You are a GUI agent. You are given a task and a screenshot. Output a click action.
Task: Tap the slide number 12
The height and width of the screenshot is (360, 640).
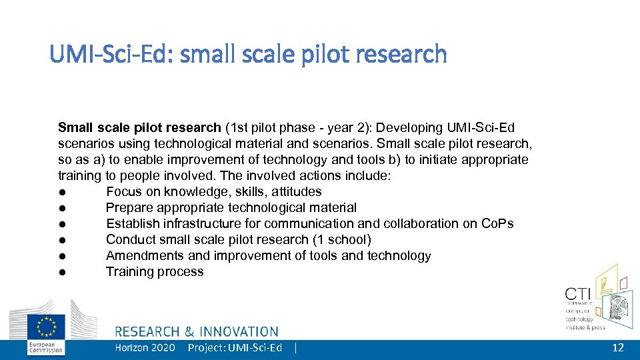point(618,348)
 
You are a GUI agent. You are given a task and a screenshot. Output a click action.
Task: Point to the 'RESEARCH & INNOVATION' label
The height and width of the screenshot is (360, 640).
point(197,331)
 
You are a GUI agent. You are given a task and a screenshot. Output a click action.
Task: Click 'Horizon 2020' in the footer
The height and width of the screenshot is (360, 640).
point(145,348)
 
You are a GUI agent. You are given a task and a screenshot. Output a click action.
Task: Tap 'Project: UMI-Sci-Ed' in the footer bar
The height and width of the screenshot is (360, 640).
point(235,348)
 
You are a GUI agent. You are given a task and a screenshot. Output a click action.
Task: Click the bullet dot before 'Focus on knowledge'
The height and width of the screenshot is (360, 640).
point(61,192)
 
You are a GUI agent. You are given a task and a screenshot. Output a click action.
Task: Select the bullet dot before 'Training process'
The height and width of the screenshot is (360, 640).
point(61,272)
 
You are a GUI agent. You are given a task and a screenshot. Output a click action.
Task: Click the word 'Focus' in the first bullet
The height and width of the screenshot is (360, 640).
point(124,191)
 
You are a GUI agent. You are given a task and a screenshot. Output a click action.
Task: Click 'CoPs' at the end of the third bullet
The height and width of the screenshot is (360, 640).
point(497,223)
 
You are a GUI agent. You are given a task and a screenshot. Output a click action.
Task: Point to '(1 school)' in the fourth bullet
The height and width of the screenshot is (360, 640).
point(342,239)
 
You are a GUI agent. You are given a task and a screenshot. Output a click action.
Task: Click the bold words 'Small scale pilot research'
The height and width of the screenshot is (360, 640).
point(139,127)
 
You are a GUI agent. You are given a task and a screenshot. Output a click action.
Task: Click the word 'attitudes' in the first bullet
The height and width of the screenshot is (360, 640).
point(295,191)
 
